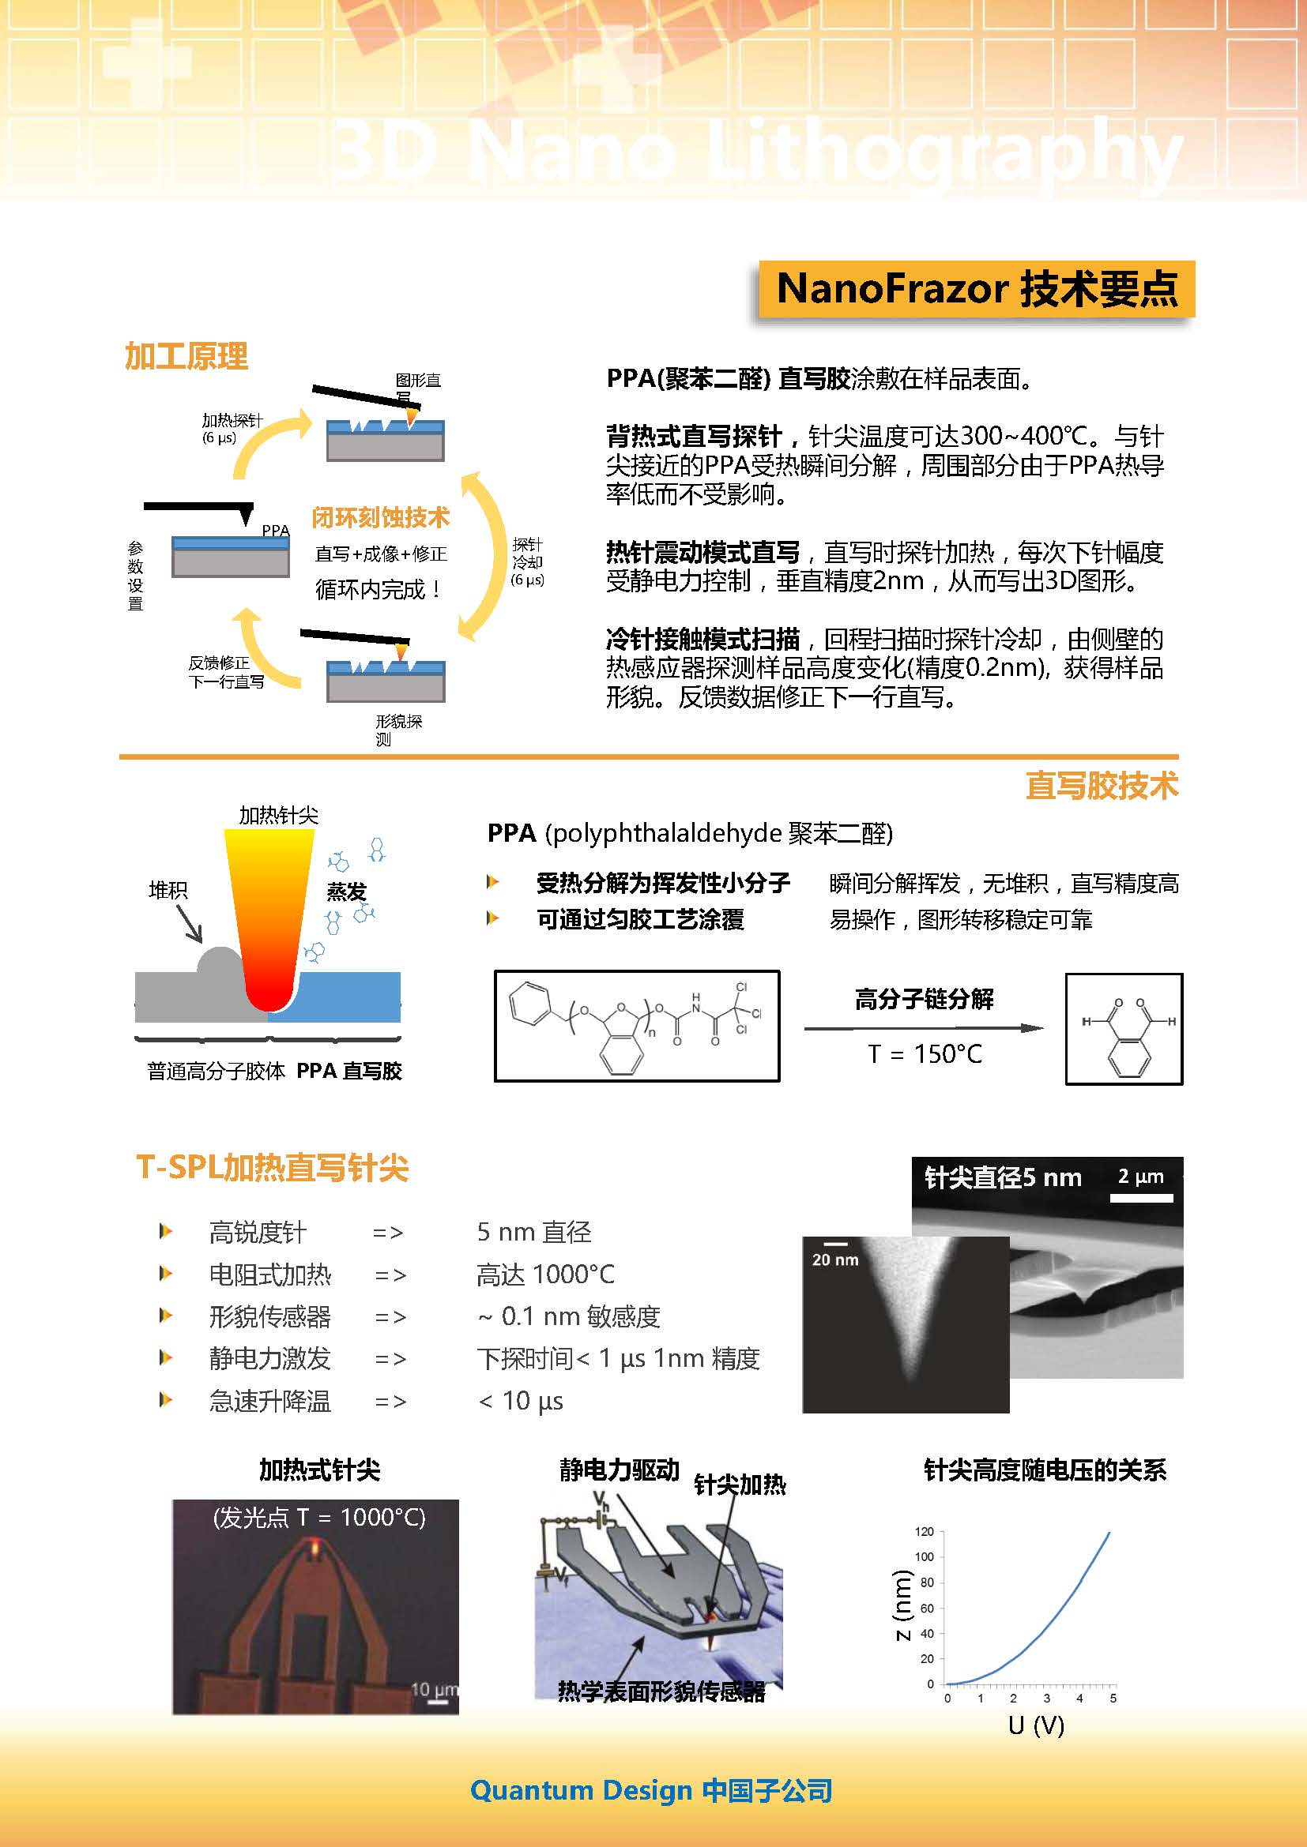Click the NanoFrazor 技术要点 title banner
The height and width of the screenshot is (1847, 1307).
click(976, 288)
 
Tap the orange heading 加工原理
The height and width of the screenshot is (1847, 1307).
click(186, 355)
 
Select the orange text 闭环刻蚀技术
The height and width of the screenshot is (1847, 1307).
click(380, 517)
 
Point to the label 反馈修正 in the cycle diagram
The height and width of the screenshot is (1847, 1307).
click(219, 662)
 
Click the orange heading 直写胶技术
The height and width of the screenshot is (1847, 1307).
click(1102, 785)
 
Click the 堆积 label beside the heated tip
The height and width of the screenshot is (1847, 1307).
click(168, 890)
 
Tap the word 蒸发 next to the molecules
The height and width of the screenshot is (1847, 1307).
click(346, 892)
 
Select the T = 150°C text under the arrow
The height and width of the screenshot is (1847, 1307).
click(925, 1054)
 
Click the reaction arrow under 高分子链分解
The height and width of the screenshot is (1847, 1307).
click(924, 1028)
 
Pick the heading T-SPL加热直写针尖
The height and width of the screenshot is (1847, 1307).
click(273, 1167)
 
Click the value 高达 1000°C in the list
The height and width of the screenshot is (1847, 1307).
click(546, 1275)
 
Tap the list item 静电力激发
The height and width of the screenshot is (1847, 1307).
click(269, 1359)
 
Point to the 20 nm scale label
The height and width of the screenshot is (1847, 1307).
click(834, 1259)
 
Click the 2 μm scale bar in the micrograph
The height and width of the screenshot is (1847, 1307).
click(1141, 1198)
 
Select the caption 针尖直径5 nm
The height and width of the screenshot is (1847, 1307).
click(1003, 1177)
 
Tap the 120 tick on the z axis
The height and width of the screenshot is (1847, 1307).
click(924, 1532)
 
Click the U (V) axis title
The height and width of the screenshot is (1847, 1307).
click(1036, 1725)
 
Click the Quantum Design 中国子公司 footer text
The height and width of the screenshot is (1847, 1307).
click(651, 1791)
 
